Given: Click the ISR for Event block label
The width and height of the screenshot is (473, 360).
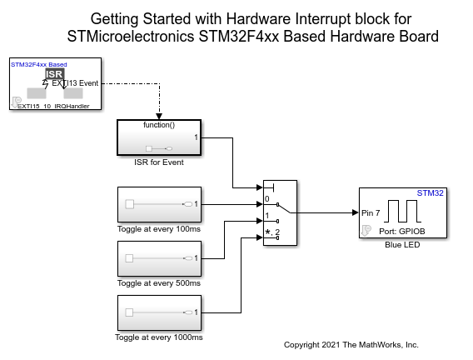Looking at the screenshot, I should (158, 162).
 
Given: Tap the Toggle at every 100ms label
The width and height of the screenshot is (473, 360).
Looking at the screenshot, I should (158, 227).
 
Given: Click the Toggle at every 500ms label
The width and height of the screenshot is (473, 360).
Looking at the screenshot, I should (158, 283).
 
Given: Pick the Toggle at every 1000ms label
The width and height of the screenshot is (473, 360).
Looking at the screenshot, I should (158, 337).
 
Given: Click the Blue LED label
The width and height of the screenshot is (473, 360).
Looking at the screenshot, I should (404, 246).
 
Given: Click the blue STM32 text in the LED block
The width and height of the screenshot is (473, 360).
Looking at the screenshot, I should (431, 193).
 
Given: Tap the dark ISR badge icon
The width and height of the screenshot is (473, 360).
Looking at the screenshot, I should (55, 75).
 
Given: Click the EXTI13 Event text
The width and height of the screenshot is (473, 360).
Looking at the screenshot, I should (75, 83).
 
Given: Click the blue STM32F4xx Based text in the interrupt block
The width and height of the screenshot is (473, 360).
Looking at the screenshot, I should (38, 64).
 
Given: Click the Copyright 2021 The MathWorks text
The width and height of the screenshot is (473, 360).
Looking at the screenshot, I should (351, 344).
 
